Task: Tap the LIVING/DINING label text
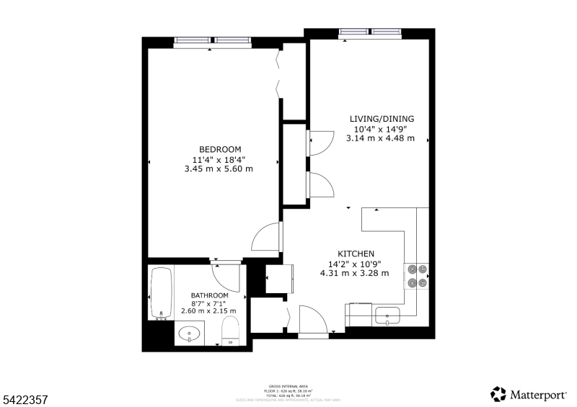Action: pyautogui.click(x=382, y=119)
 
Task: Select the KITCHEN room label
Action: pyautogui.click(x=356, y=254)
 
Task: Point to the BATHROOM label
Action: pyautogui.click(x=209, y=295)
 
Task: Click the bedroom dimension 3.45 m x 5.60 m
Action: pyautogui.click(x=219, y=169)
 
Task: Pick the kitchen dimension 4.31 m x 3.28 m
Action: pyautogui.click(x=354, y=273)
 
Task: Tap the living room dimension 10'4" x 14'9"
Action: pyautogui.click(x=382, y=129)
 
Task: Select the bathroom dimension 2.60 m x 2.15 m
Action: pyautogui.click(x=209, y=310)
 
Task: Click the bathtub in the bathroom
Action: pyautogui.click(x=160, y=293)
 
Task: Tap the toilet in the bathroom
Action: pyautogui.click(x=232, y=331)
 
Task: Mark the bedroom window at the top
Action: pyautogui.click(x=213, y=41)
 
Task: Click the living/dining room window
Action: pyautogui.click(x=371, y=32)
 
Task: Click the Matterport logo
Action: pyautogui.click(x=531, y=394)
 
